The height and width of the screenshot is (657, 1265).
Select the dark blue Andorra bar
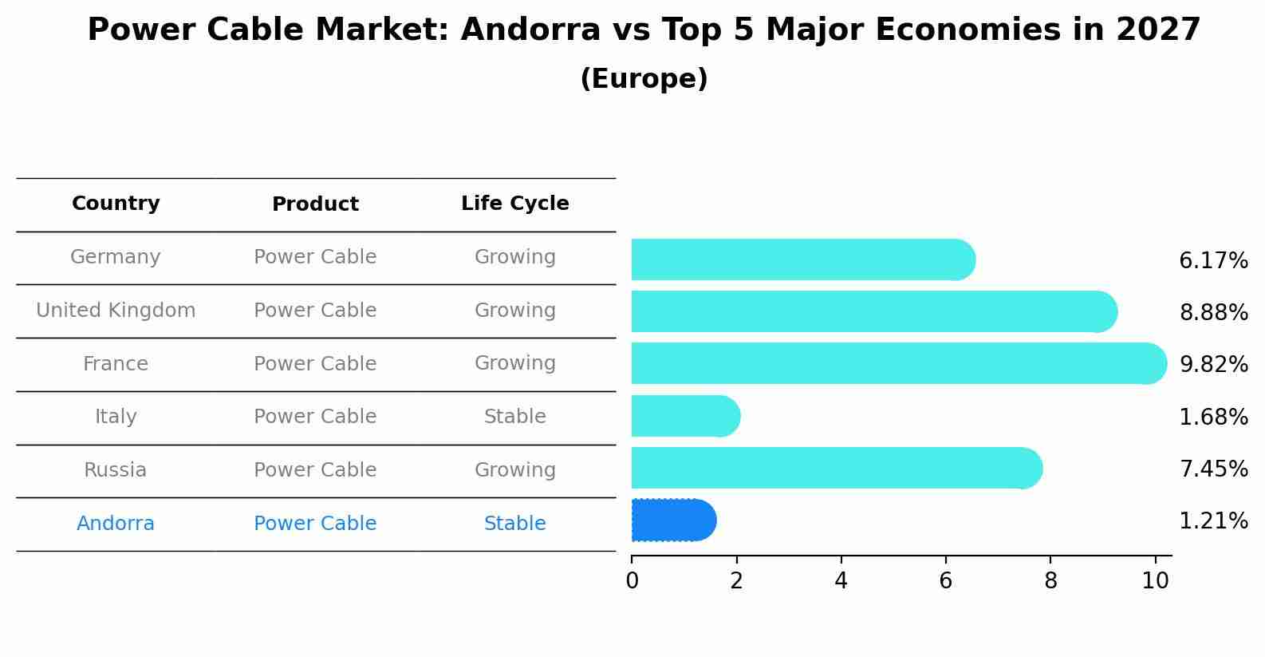[673, 520]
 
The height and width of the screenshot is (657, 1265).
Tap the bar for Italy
[684, 416]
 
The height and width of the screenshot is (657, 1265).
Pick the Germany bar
[802, 259]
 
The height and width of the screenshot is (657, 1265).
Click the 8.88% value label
[1213, 312]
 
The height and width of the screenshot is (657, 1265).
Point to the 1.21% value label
[1213, 521]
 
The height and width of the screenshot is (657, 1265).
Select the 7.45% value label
[1213, 469]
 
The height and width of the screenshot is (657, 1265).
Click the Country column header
[116, 204]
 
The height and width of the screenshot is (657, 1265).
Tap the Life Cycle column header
[514, 204]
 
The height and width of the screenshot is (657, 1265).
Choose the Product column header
[315, 204]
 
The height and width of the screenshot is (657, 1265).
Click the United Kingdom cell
[116, 311]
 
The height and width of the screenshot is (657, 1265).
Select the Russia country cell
[116, 470]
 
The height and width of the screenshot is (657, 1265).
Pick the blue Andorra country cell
[116, 524]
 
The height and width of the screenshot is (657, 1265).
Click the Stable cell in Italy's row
[514, 417]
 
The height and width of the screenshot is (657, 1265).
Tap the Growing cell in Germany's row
[514, 257]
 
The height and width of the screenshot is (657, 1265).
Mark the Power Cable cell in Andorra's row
[315, 524]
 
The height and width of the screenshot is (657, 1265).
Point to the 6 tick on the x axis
[945, 580]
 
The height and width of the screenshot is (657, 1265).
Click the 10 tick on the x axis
[1155, 580]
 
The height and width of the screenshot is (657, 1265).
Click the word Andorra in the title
[530, 30]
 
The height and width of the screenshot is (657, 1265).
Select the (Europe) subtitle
[644, 79]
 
